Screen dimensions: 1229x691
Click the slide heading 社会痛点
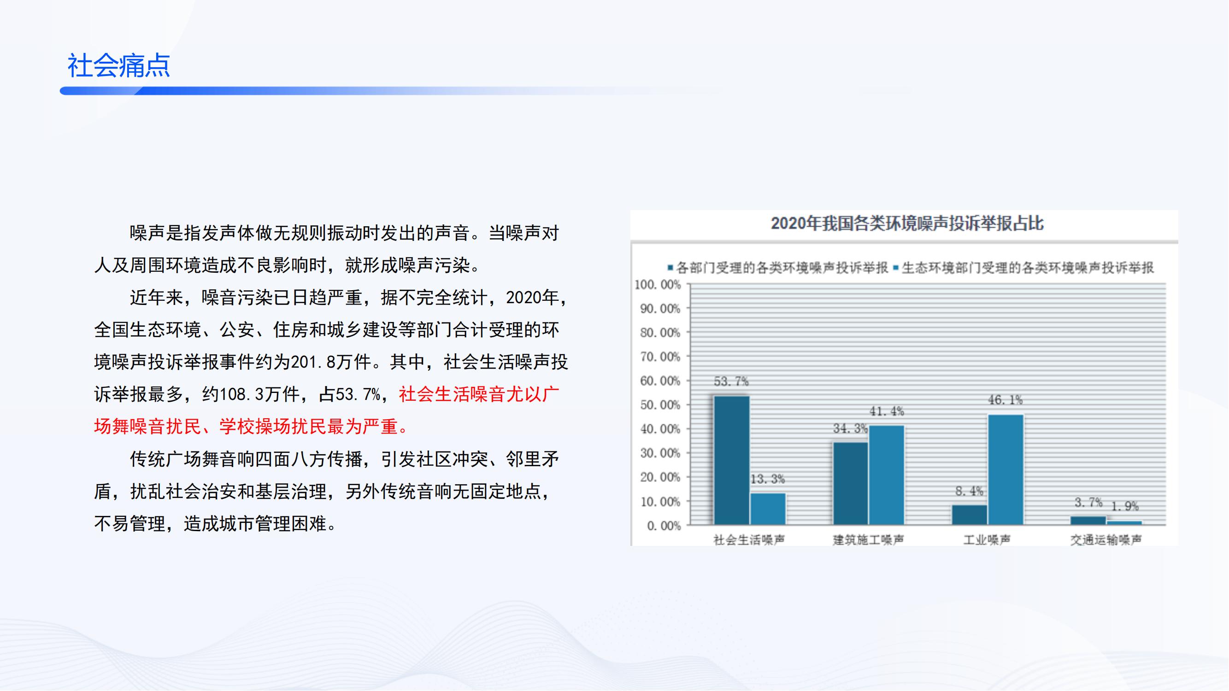119,65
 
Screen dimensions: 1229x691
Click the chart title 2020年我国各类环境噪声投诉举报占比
907,223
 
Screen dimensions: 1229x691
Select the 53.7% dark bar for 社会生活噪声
731,460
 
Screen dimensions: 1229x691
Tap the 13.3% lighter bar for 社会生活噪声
768,509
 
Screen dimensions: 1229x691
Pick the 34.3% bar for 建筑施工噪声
851,484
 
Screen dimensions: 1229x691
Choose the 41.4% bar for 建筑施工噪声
887,475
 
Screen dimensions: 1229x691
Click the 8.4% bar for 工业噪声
970,515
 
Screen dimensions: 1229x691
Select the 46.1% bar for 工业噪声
1006,470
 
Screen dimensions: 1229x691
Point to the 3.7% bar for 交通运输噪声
1088,520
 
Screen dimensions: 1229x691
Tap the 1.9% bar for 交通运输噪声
1124,523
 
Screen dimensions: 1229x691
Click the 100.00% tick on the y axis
658,285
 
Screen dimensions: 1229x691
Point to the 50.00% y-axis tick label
660,405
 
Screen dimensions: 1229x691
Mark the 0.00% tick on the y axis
664,526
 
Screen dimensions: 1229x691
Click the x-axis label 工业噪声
987,540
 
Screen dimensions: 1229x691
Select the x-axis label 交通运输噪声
1106,540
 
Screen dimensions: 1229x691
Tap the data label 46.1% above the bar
1005,400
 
